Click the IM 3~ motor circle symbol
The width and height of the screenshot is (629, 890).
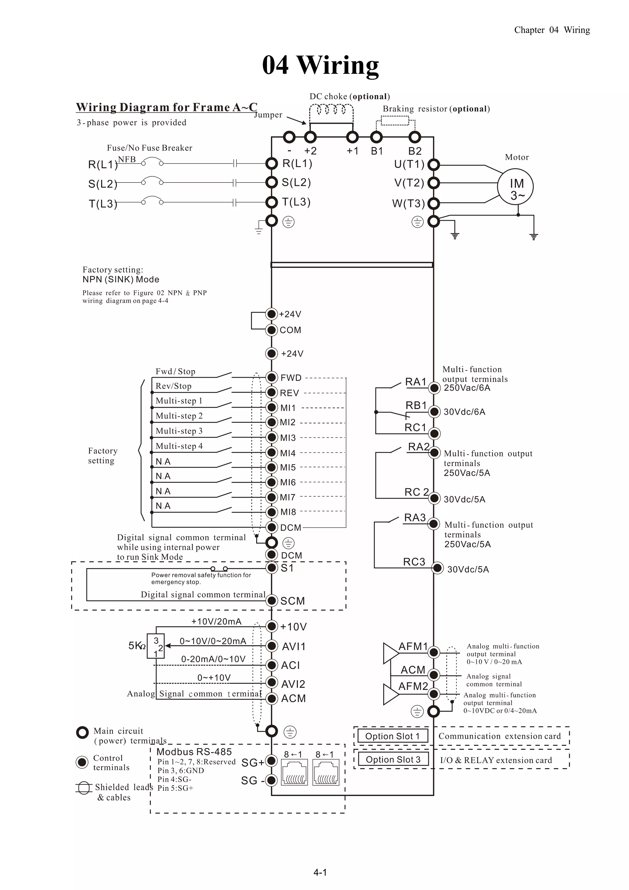(515, 187)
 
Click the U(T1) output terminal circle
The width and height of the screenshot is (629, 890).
(433, 165)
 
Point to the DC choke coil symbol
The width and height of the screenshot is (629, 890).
(331, 111)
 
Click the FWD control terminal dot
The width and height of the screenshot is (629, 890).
(272, 377)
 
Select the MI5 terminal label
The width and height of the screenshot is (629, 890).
(288, 468)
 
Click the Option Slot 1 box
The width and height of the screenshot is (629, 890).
(392, 736)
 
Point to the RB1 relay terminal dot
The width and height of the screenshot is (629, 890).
(435, 411)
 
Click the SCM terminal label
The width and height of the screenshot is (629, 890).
(293, 601)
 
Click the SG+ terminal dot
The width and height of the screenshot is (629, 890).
(272, 761)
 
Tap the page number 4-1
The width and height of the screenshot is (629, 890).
(320, 872)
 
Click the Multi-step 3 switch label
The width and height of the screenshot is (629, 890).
(179, 431)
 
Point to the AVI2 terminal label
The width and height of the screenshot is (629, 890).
(293, 684)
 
